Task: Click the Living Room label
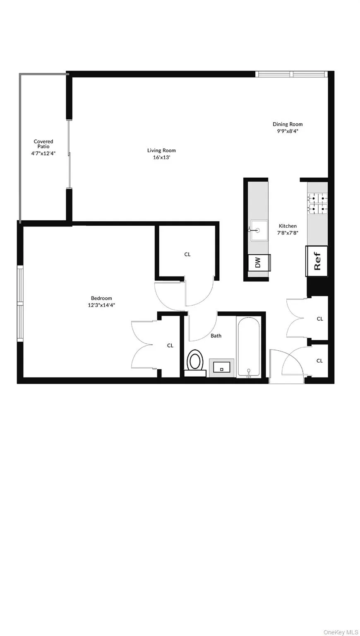[x=161, y=150]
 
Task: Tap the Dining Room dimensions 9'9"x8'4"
[x=288, y=131]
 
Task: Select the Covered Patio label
[x=43, y=144]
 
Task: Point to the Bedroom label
[x=101, y=298]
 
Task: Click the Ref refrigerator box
[x=317, y=261]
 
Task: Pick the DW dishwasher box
[x=259, y=262]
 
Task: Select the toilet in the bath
[x=195, y=361]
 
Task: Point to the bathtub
[x=249, y=347]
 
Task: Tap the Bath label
[x=216, y=336]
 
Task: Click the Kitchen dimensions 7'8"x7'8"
[x=288, y=233]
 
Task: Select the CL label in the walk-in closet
[x=187, y=254]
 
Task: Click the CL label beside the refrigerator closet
[x=319, y=319]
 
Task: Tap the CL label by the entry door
[x=319, y=361]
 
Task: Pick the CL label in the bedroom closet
[x=170, y=345]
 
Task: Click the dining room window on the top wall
[x=291, y=74]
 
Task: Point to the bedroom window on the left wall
[x=19, y=304]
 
